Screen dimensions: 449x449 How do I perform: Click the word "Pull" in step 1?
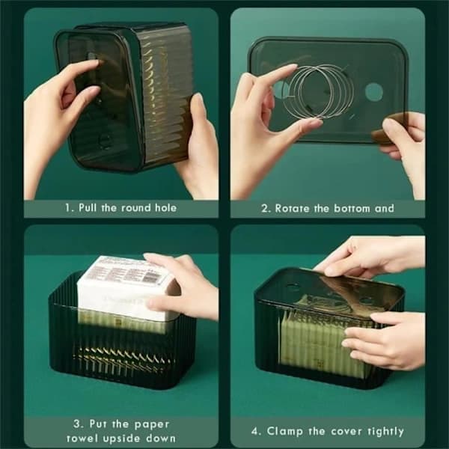pos(88,207)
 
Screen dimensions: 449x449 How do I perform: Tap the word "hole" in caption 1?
pos(165,207)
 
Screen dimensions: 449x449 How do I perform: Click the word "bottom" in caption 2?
pos(352,209)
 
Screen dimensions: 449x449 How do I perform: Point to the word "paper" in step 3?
pos(152,424)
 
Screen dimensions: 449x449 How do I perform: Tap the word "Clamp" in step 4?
pos(284,431)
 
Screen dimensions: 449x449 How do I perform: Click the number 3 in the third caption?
pos(77,424)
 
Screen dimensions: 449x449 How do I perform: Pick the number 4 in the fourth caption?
pos(255,431)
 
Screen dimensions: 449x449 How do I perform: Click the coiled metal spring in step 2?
pos(317,91)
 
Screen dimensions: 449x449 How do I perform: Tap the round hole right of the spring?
pos(373,92)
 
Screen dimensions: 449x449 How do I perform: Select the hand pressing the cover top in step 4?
pos(370,256)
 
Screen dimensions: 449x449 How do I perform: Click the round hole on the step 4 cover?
pos(292,287)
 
